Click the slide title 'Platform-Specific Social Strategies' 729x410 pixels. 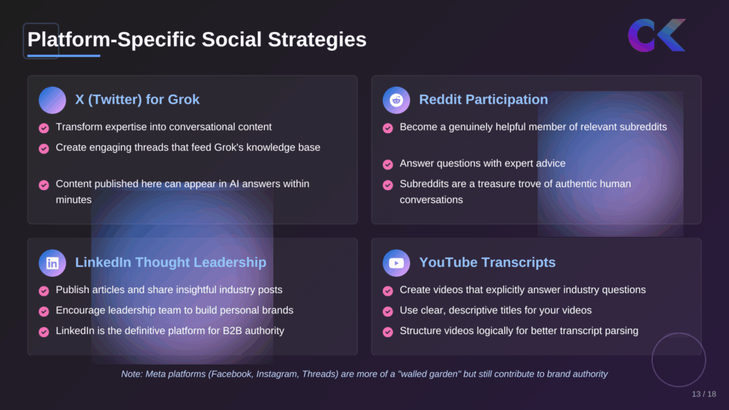point(196,39)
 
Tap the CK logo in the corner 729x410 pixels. point(656,36)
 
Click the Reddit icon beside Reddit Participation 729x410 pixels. point(397,100)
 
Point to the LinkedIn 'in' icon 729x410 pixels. point(53,263)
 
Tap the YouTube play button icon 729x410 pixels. point(397,263)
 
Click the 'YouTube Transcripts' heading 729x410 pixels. point(487,262)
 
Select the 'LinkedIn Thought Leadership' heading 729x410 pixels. point(171,262)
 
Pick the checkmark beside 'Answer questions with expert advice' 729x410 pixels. point(388,164)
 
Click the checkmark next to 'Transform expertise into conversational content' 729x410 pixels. point(43,128)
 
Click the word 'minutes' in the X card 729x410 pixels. point(74,200)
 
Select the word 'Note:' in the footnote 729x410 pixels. point(134,374)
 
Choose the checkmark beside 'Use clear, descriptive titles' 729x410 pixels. point(388,311)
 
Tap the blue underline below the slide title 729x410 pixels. point(63,56)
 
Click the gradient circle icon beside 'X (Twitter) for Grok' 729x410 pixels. point(53,100)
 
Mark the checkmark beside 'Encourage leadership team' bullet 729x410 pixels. point(43,311)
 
